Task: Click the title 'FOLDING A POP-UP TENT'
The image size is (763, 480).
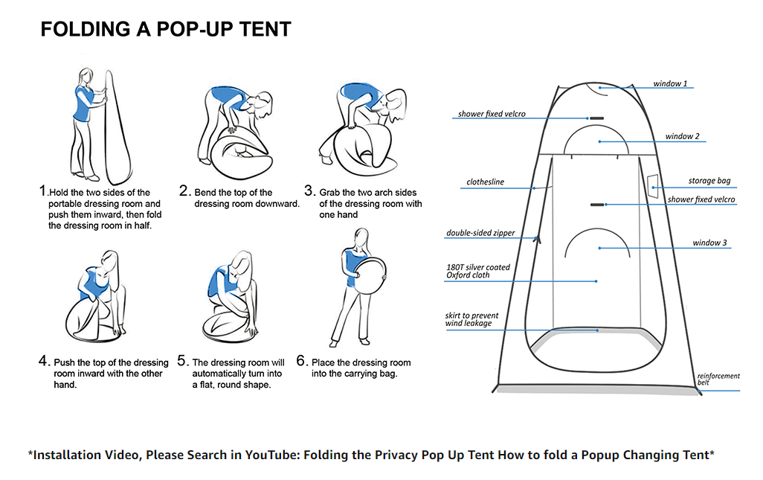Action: [x=165, y=29]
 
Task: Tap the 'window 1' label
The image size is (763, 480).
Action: [x=670, y=84]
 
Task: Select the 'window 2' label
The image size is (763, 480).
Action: [x=682, y=136]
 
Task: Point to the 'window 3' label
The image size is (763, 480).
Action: [x=709, y=243]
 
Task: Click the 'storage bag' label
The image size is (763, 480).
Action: [x=709, y=181]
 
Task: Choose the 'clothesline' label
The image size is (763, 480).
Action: [x=485, y=182]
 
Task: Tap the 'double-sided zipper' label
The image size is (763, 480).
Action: [x=480, y=233]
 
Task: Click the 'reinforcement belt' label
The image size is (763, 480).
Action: [x=718, y=379]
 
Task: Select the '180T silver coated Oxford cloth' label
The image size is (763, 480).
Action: [x=478, y=271]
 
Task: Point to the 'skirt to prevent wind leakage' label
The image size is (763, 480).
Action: [x=471, y=319]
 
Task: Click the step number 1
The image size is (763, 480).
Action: [x=43, y=191]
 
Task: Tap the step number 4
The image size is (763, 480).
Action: [x=43, y=361]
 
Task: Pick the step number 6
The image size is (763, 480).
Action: [x=301, y=361]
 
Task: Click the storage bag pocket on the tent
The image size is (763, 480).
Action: [x=653, y=186]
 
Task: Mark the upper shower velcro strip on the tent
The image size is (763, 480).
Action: [x=596, y=118]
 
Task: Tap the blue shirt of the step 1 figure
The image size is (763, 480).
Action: [x=83, y=104]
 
